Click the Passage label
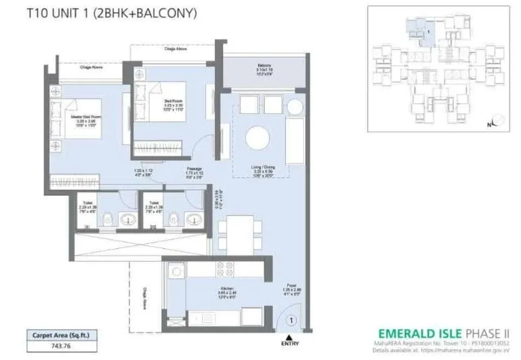[x=195, y=169]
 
